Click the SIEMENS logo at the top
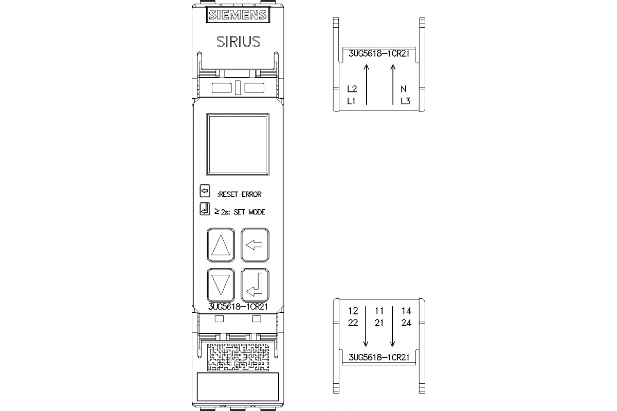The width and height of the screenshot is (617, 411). pos(238,15)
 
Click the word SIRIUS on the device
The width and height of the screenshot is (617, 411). pos(238,42)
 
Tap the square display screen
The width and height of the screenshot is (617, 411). pos(238,144)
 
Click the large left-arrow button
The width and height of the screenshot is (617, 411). pos(255,245)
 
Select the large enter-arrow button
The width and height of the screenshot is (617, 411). pos(255,285)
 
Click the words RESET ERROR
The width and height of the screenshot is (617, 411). pos(240,194)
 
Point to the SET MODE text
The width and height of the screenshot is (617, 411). pos(249,212)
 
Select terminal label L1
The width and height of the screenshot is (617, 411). pos(352,101)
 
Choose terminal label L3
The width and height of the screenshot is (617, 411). pos(406,101)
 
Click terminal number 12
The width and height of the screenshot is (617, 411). pos(353,311)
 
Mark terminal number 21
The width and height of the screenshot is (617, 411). pos(379,323)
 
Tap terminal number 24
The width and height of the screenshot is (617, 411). pos(406,323)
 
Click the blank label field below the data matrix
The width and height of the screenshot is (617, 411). pos(238,388)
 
